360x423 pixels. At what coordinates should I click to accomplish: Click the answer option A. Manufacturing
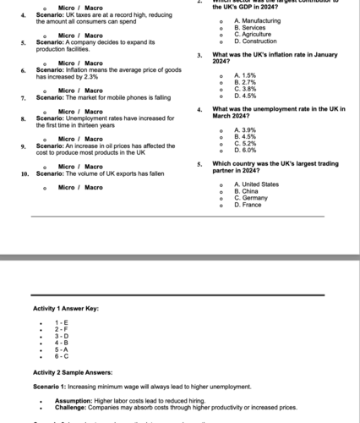pyautogui.click(x=257, y=19)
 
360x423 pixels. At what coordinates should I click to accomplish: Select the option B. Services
pyautogui.click(x=248, y=27)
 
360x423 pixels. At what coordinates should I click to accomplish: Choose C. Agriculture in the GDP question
pyautogui.click(x=251, y=34)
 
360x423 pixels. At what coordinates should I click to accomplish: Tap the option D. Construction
pyautogui.click(x=254, y=41)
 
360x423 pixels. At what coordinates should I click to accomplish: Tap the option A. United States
pyautogui.click(x=256, y=184)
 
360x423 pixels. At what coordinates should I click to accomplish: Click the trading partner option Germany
pyautogui.click(x=250, y=197)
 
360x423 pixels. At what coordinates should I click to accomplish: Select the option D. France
pyautogui.click(x=248, y=204)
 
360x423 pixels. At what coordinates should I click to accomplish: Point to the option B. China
pyautogui.click(x=246, y=190)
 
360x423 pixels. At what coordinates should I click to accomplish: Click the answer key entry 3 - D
pyautogui.click(x=62, y=336)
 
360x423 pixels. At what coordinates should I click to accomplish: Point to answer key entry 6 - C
pyautogui.click(x=62, y=355)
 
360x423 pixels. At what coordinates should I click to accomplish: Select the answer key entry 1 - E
pyautogui.click(x=62, y=322)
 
